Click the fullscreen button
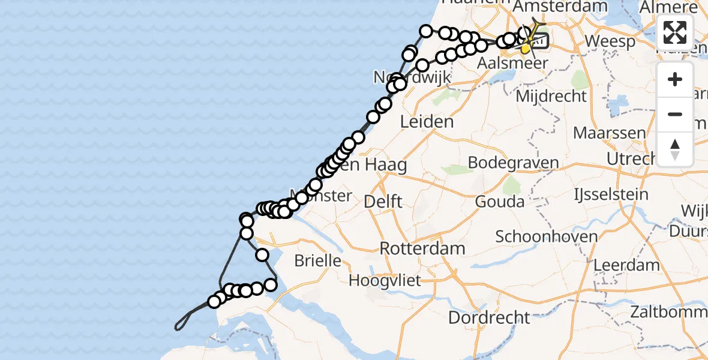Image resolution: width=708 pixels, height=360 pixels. point(675,32)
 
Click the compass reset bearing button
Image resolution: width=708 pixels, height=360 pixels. point(675,149)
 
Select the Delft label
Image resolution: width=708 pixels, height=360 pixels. point(383,202)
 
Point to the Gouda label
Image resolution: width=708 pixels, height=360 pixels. point(499,202)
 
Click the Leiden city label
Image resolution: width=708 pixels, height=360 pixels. point(427,122)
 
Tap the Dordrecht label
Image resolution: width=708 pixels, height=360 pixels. point(489,317)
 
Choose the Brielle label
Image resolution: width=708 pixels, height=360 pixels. point(317,261)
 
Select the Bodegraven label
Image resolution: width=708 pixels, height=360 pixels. point(513,163)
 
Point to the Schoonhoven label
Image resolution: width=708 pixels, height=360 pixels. point(547,236)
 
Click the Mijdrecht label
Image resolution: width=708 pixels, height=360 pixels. point(551,96)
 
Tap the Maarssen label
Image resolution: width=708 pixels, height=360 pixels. point(610,133)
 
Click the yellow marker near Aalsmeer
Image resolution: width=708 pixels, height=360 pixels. point(526,49)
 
